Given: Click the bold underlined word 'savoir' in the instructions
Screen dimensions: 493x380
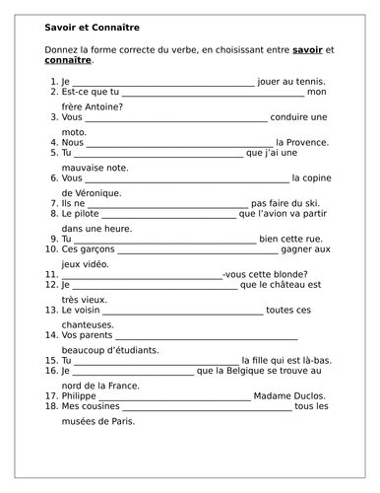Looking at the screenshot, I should (309, 48).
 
